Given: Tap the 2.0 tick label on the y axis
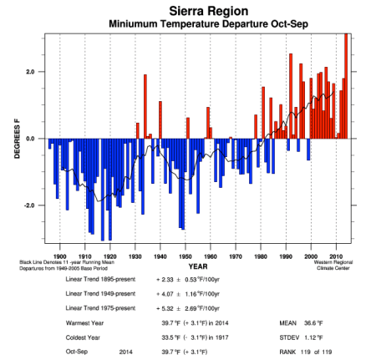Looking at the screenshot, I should pyautogui.click(x=29, y=72).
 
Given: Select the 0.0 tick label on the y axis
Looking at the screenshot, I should pyautogui.click(x=29, y=139).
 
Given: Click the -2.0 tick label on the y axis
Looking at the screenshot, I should pyautogui.click(x=28, y=205).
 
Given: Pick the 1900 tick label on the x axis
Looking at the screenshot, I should pyautogui.click(x=59, y=256).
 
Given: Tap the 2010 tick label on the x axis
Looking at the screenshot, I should pyautogui.click(x=337, y=256).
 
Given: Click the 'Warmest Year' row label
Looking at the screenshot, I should pyautogui.click(x=84, y=322).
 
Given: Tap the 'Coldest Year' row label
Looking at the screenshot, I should pyautogui.click(x=84, y=336).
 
